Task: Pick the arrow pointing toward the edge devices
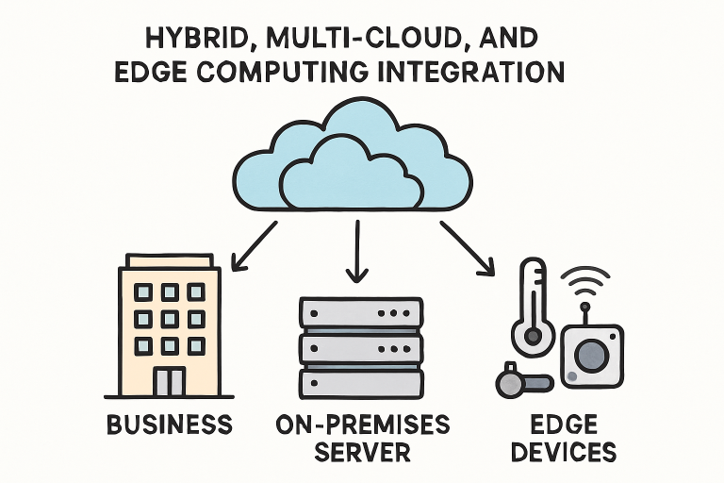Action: click(x=467, y=247)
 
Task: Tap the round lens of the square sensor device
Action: click(x=591, y=355)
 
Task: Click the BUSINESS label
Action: click(x=169, y=424)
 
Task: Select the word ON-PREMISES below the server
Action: click(x=358, y=424)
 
